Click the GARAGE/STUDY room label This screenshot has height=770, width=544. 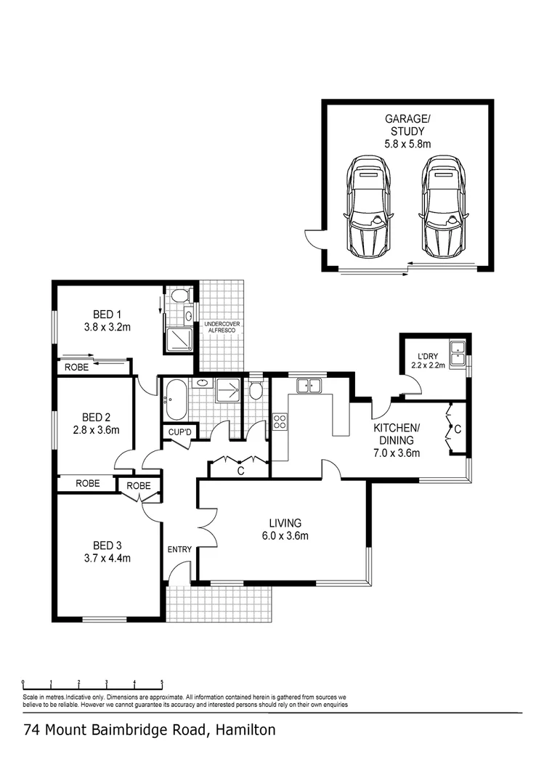point(407,124)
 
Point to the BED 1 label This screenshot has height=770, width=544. point(107,314)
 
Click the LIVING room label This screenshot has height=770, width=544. point(285,523)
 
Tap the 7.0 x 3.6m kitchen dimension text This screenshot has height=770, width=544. point(396,453)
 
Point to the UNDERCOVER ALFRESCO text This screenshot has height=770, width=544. point(222,327)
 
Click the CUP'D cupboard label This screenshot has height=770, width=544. point(178,432)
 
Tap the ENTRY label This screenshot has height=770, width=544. point(179,549)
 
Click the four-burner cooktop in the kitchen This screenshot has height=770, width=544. point(280,421)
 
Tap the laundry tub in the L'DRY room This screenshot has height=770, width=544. point(458,352)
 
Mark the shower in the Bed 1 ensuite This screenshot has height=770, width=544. point(179,339)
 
